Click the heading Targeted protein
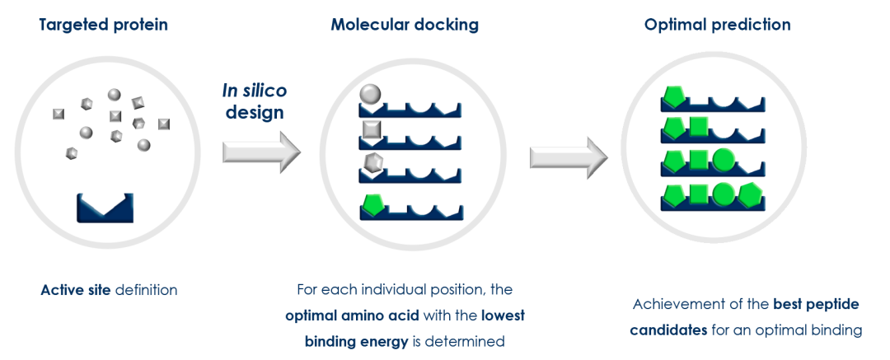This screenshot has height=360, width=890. [x=103, y=25]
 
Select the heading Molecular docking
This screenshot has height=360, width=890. [x=405, y=25]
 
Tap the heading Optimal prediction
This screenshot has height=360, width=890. [x=717, y=25]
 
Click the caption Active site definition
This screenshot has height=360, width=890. [x=109, y=291]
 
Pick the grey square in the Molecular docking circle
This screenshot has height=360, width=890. [x=371, y=129]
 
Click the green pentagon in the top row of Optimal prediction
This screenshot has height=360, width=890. [x=673, y=97]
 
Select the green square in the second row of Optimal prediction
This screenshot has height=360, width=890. [x=698, y=128]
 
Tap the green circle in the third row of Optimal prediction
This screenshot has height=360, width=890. [x=723, y=158]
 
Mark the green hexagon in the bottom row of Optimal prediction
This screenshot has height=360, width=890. [x=749, y=194]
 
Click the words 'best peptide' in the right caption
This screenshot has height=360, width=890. [x=816, y=305]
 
